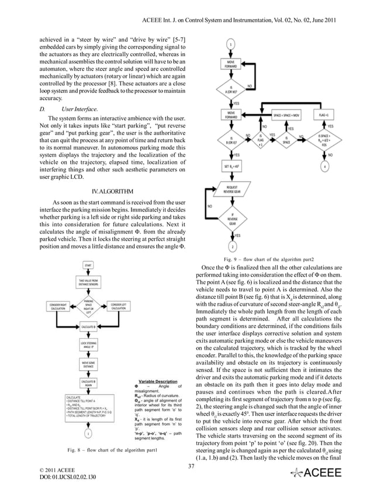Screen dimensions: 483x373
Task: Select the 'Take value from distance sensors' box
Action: (x=89, y=282)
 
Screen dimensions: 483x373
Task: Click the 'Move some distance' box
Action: (x=89, y=365)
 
